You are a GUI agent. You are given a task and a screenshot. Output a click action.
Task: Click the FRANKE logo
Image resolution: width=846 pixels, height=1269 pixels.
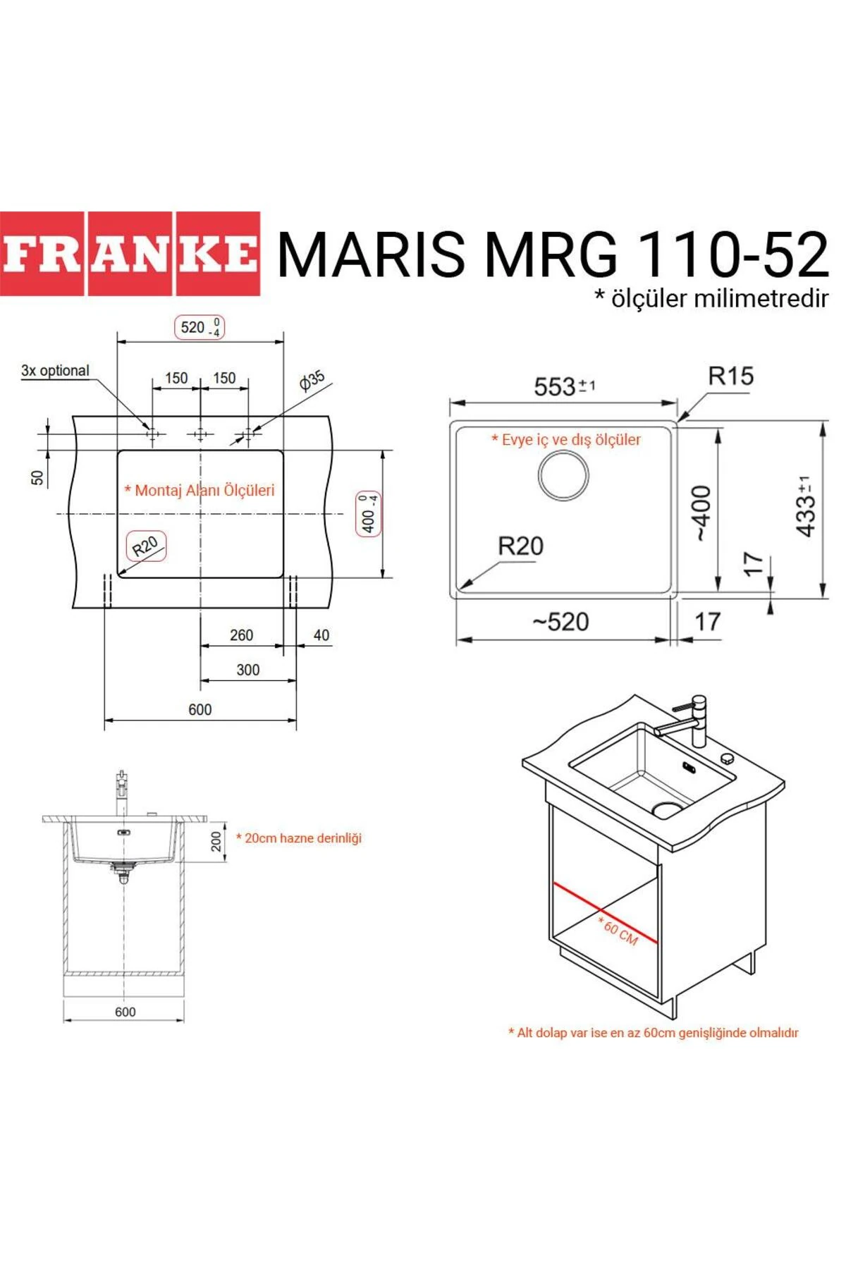tap(130, 254)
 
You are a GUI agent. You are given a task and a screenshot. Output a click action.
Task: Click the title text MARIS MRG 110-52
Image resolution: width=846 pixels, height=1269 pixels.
tap(553, 254)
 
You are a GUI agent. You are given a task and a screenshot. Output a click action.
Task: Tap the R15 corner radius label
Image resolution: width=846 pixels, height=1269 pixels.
tap(730, 376)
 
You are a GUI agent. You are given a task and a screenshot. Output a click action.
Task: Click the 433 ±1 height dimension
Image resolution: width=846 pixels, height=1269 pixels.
tap(805, 506)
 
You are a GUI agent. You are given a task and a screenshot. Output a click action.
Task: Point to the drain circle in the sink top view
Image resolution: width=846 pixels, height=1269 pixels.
tap(563, 475)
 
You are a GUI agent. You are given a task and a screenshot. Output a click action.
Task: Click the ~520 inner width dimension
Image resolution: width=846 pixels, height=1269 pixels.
tap(561, 622)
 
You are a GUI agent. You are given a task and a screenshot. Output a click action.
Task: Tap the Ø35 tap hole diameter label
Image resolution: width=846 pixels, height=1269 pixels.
tap(312, 380)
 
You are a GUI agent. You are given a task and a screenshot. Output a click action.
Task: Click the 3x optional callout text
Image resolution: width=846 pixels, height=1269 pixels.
tap(55, 371)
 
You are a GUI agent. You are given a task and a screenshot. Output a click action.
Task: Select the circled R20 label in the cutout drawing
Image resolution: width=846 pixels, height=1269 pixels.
tap(146, 546)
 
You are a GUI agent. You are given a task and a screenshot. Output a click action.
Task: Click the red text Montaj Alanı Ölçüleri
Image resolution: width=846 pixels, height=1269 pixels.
tap(200, 490)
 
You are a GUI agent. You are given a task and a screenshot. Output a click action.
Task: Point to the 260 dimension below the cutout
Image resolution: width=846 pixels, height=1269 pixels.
tap(241, 635)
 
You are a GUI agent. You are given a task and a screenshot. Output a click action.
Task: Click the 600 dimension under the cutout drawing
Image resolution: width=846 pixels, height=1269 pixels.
tap(200, 709)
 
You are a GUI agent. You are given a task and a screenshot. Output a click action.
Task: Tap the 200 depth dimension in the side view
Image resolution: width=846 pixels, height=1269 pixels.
tap(216, 841)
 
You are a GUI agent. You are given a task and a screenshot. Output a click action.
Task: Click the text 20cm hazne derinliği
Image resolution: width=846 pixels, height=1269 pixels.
tap(299, 838)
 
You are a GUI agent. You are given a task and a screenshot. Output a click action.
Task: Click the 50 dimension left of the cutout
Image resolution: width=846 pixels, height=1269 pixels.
tap(37, 478)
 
